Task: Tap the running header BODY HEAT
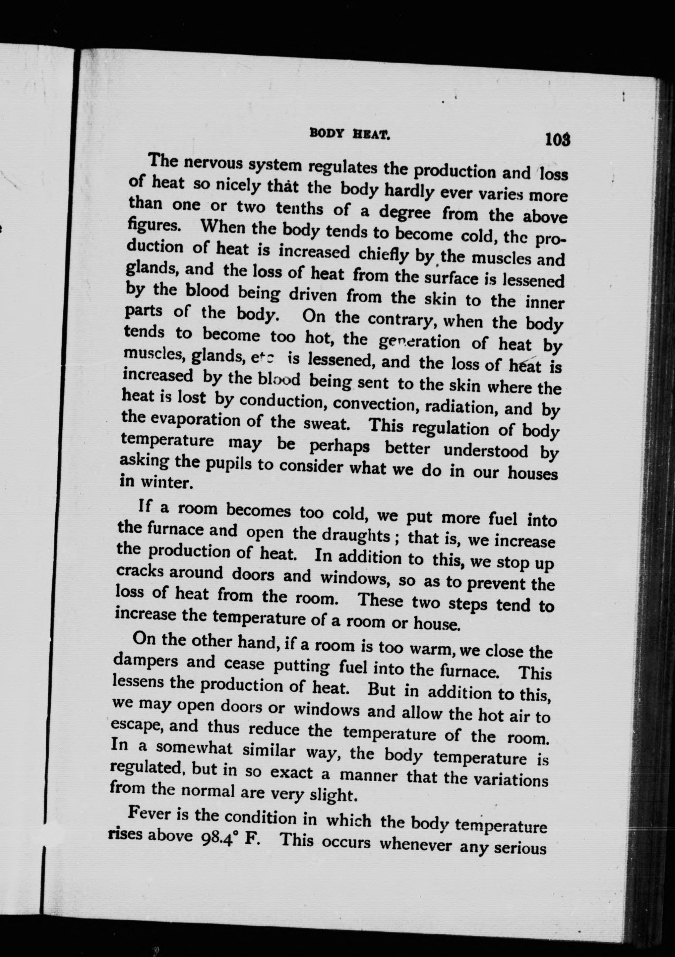[349, 134]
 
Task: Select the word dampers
[144, 662]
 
